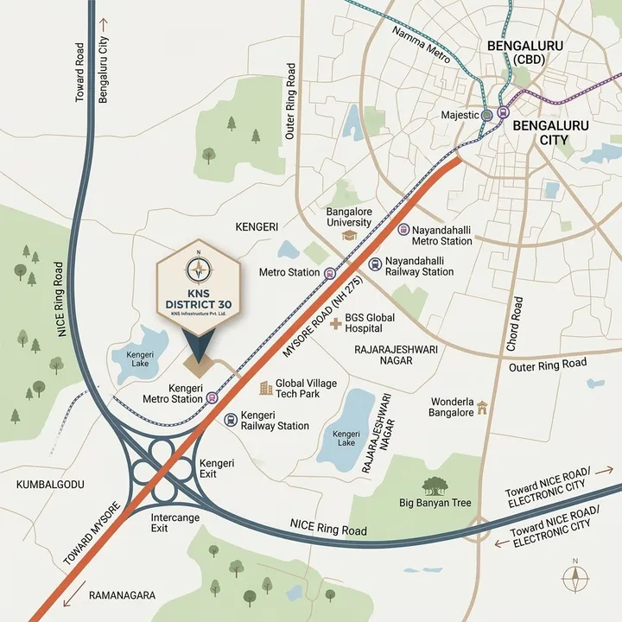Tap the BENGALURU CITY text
[551, 132]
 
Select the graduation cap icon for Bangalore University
[348, 235]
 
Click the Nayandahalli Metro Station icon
[403, 229]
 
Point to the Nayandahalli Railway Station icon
[374, 264]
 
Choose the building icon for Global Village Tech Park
[266, 388]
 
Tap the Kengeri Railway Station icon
[230, 420]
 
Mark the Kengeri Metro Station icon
[212, 398]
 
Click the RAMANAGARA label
[124, 595]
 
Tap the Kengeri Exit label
[216, 469]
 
